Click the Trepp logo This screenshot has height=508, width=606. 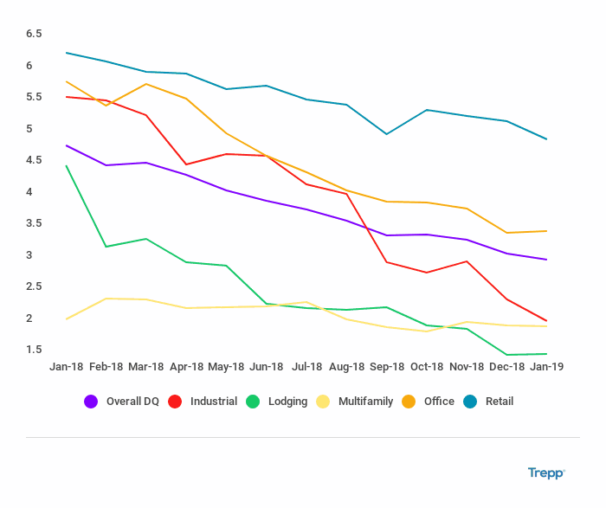546,473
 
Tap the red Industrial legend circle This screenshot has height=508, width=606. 174,402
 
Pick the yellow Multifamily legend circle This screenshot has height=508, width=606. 322,402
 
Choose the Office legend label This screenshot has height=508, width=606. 439,402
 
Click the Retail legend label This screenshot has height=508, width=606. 498,402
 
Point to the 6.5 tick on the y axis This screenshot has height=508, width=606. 34,34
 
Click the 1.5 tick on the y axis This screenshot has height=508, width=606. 34,350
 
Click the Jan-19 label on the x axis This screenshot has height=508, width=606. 547,367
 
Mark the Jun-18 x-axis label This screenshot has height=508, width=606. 266,367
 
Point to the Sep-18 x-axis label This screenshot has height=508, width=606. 386,367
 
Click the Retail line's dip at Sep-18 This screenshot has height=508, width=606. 386,134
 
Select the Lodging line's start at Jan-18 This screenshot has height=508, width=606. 66,165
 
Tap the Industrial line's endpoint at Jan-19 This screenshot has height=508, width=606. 546,321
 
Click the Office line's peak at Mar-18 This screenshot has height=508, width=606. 146,84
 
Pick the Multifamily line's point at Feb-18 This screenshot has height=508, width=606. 106,299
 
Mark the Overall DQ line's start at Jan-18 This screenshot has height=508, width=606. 66,145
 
